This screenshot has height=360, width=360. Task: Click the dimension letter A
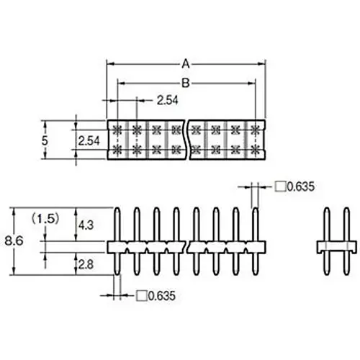coord(186,64)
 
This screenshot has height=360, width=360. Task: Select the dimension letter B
coord(186,84)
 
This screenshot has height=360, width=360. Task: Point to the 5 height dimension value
coord(45,140)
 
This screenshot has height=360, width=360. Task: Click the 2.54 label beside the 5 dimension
coord(89,140)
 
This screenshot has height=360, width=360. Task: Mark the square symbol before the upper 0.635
coord(279,187)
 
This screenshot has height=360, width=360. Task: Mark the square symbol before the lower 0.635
coord(140,296)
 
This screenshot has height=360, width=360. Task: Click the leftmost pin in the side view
coord(117,230)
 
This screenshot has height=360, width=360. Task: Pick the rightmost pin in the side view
coord(256,230)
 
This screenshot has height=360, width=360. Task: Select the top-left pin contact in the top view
coord(117,130)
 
